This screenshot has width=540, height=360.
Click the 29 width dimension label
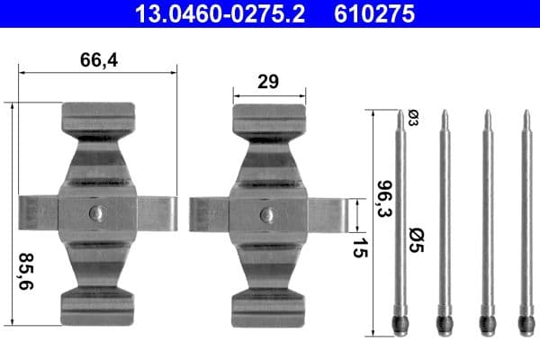coord(267,81)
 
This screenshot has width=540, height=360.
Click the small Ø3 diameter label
coord(413,117)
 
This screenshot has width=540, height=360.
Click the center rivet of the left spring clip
coord(97,213)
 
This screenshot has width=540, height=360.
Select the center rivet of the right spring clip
coord(267,214)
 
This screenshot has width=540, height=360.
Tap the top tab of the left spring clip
coord(98,117)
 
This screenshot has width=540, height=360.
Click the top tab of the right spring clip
coord(267,117)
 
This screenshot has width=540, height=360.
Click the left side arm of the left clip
coord(38,213)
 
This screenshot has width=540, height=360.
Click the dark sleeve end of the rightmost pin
coord(526,322)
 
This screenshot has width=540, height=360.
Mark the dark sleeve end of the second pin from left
coord(443,322)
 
